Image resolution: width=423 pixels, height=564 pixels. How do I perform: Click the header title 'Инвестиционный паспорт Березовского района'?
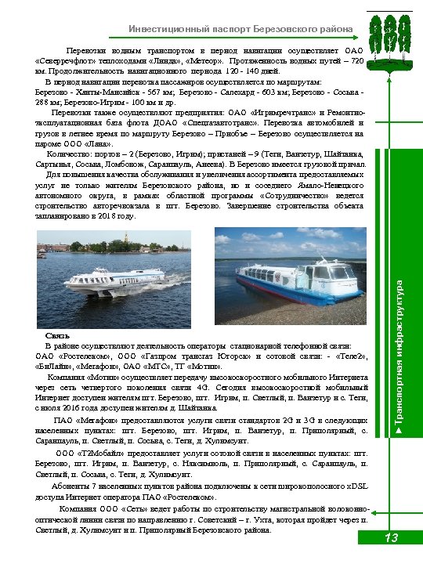(x=240, y=29)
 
